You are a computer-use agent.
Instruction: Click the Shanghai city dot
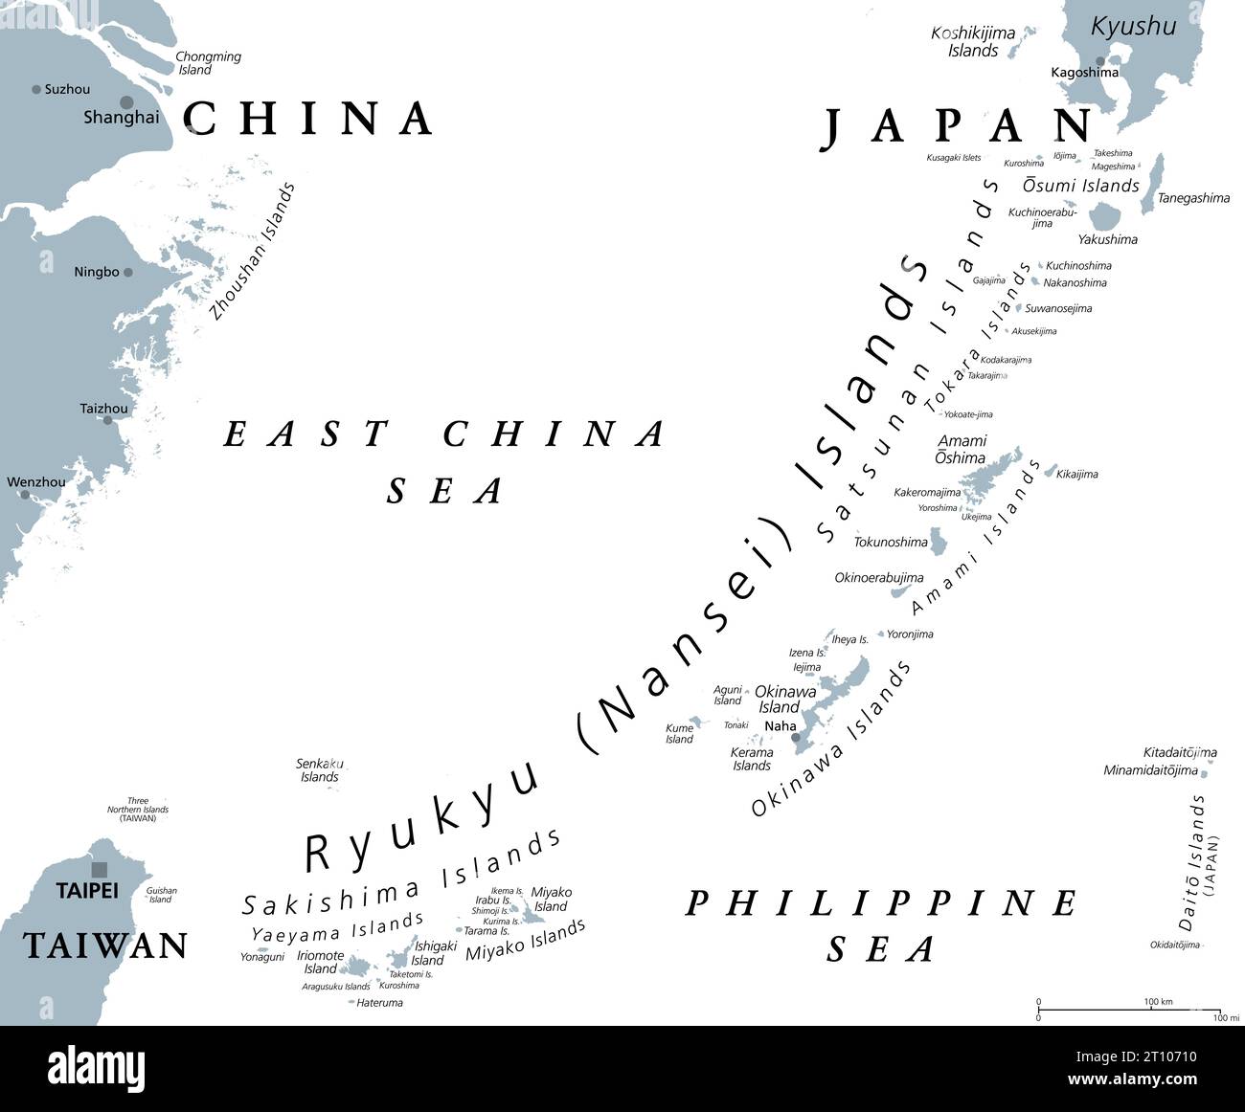[126, 102]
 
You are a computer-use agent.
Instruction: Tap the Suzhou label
[67, 89]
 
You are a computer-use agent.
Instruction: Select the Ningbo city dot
[127, 272]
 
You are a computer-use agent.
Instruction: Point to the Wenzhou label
[36, 482]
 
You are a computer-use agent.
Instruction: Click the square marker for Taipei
[99, 869]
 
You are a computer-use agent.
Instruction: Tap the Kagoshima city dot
[1100, 61]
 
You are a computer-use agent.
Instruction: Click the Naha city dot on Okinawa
[795, 737]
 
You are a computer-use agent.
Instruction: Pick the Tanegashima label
[1193, 198]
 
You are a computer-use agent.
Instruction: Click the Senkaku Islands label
[320, 770]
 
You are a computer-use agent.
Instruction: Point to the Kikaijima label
[1076, 474]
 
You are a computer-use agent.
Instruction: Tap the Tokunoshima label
[891, 543]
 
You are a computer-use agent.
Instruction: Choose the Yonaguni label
[262, 956]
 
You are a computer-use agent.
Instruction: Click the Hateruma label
[379, 1003]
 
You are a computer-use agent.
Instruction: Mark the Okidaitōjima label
[1174, 945]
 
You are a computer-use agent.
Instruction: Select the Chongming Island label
[208, 63]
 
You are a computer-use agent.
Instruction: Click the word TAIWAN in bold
[105, 945]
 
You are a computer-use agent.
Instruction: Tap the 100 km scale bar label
[1159, 1002]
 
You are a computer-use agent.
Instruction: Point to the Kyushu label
[1134, 26]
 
